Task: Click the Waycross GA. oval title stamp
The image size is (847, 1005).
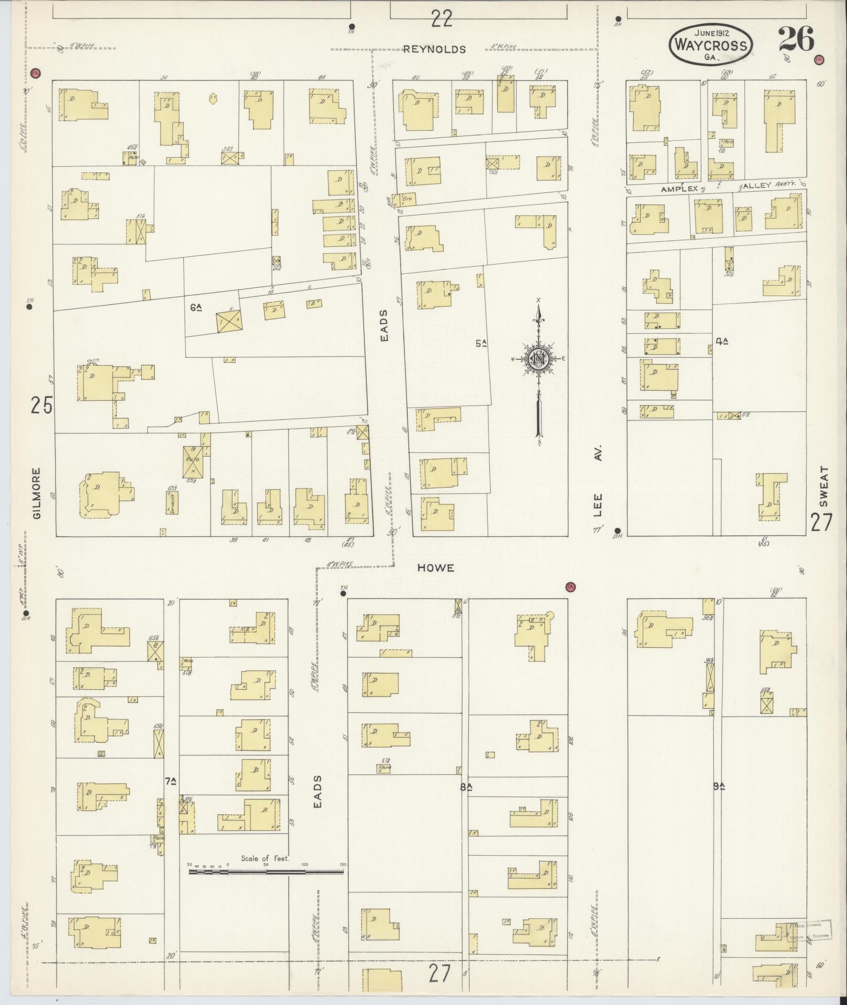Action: tap(710, 45)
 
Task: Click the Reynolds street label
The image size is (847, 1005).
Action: tap(434, 49)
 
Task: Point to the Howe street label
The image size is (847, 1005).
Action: tap(435, 568)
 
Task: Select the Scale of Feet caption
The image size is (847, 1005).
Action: tap(265, 858)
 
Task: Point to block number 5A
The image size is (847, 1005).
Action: tap(480, 344)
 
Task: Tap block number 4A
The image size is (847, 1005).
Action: tap(722, 341)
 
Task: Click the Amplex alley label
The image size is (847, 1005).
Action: tap(679, 188)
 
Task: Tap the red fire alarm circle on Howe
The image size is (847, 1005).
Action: tap(569, 586)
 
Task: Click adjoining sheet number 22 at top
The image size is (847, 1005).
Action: tap(441, 19)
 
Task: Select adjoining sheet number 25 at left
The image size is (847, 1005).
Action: tap(41, 406)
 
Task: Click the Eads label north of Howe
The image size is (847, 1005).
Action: tap(384, 326)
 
